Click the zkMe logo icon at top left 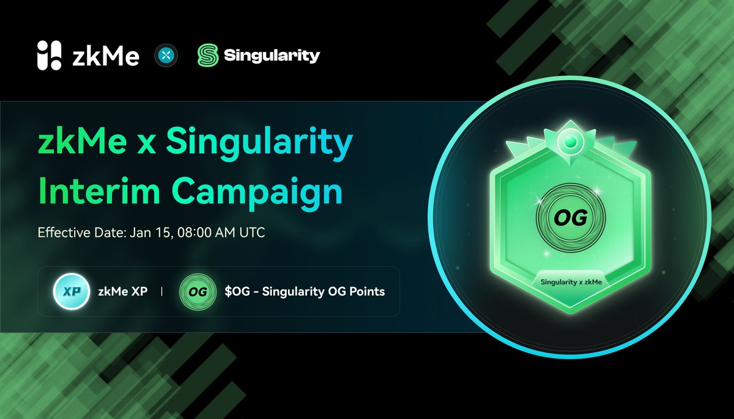pyautogui.click(x=50, y=56)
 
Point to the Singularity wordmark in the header pyautogui.click(x=272, y=56)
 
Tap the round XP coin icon pyautogui.click(x=69, y=291)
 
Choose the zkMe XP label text pyautogui.click(x=122, y=291)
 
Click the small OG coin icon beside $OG pyautogui.click(x=197, y=291)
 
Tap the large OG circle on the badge pyautogui.click(x=570, y=217)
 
